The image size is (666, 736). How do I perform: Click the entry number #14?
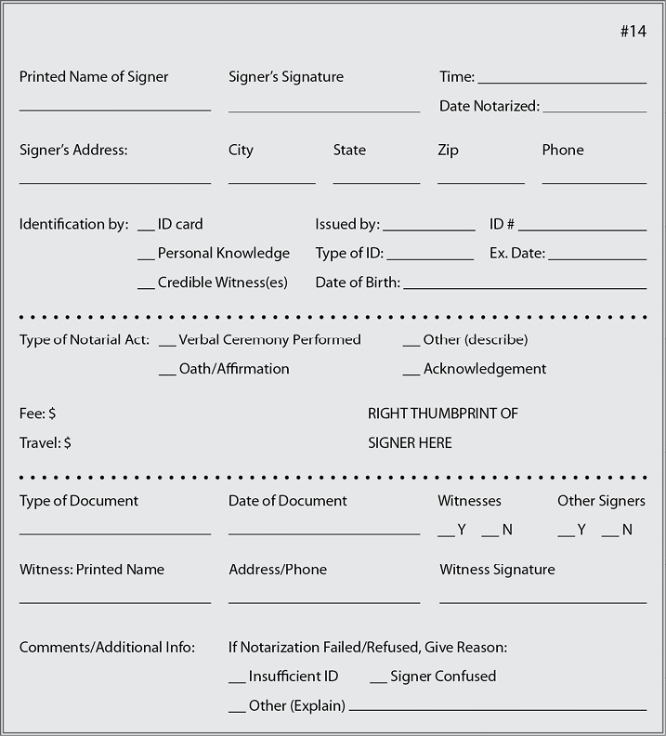coord(633,32)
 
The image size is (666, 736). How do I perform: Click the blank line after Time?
coord(562,82)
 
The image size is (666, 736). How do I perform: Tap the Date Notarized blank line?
coord(594,111)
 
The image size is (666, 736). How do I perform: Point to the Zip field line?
coord(480,182)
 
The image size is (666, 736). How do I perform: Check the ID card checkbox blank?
coord(146,229)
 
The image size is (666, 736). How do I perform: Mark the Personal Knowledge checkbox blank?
coord(146,257)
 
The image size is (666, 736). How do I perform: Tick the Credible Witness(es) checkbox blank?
coord(146,287)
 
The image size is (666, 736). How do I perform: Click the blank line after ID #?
coord(582,229)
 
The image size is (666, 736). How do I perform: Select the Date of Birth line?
coord(525,287)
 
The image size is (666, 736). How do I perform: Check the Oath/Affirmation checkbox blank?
coord(167,374)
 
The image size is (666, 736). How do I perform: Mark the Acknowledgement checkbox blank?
coord(411,374)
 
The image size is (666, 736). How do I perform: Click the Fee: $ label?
coord(38,413)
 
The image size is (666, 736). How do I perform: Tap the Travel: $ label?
coord(46,442)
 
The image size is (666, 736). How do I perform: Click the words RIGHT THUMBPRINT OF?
coord(443,413)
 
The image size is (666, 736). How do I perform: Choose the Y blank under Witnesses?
coord(446,534)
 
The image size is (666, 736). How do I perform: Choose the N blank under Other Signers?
coord(610,534)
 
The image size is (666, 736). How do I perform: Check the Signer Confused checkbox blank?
coord(378,681)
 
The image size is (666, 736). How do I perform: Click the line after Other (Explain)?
coord(497,710)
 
